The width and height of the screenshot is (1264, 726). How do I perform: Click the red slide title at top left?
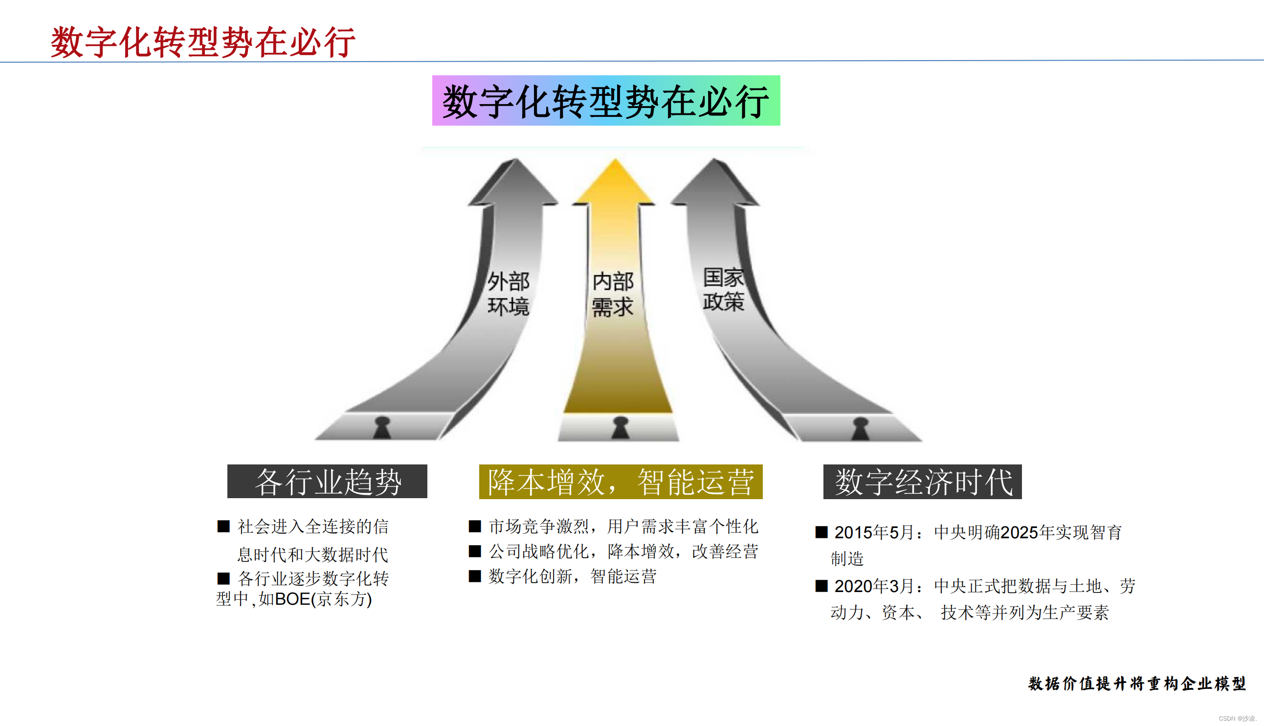pyautogui.click(x=203, y=42)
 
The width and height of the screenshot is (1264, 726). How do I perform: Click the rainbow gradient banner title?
pyautogui.click(x=606, y=101)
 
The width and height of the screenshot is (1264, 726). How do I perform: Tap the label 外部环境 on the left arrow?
pyautogui.click(x=508, y=294)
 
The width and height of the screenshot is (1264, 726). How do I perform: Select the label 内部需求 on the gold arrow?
pyautogui.click(x=613, y=294)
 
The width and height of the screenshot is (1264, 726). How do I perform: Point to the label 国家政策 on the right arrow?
pyautogui.click(x=723, y=289)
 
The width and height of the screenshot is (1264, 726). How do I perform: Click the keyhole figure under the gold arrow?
pyautogui.click(x=621, y=428)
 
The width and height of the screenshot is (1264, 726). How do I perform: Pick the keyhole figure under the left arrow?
pyautogui.click(x=382, y=427)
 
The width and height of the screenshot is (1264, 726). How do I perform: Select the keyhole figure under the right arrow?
pyautogui.click(x=861, y=428)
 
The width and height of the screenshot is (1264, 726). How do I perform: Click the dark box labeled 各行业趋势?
pyautogui.click(x=327, y=482)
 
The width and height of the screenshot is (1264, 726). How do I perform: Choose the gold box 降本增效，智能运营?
pyautogui.click(x=621, y=482)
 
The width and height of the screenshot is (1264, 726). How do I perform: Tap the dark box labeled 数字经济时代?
pyautogui.click(x=922, y=482)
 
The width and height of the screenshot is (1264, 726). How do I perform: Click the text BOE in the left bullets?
pyautogui.click(x=292, y=599)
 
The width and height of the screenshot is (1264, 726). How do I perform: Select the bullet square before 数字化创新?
pyautogui.click(x=475, y=576)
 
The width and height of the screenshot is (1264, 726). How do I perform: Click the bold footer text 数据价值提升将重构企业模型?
pyautogui.click(x=1136, y=683)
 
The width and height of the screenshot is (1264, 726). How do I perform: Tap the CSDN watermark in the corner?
pyautogui.click(x=1236, y=719)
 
